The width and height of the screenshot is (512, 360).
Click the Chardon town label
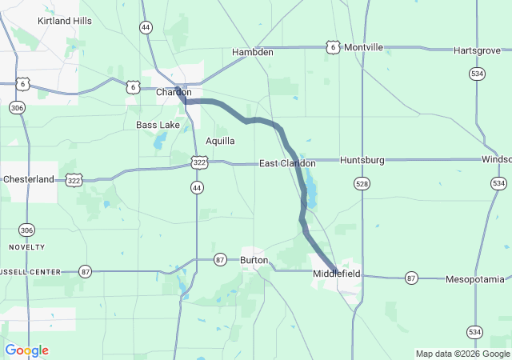click(174, 92)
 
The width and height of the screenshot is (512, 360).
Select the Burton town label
click(254, 260)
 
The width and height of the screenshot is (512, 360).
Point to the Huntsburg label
click(362, 160)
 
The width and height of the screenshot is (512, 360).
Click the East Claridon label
click(286, 163)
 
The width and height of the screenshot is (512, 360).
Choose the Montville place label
click(363, 48)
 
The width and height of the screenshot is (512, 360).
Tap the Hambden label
click(252, 52)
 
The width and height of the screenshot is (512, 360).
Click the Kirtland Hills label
click(65, 20)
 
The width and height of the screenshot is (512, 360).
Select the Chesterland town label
click(28, 179)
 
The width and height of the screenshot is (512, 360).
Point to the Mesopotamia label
click(475, 279)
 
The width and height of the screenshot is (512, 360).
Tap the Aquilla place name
click(220, 141)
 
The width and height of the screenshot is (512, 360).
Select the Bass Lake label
click(158, 125)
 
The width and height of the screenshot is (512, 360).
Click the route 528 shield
click(362, 184)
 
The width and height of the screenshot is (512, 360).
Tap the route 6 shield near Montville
click(332, 48)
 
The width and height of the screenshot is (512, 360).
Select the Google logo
click(26, 350)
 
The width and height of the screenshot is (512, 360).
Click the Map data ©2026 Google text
click(462, 354)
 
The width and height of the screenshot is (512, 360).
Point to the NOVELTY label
click(27, 247)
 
